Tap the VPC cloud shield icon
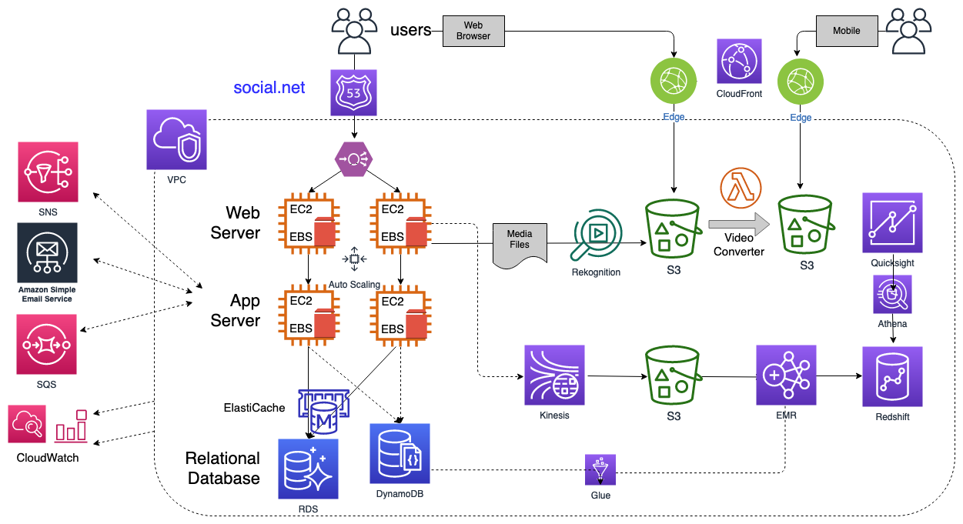click(177, 139)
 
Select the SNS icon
click(48, 172)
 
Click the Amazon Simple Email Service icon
click(48, 253)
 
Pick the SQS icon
click(48, 344)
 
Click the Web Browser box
click(473, 31)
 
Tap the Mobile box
click(846, 31)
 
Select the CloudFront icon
click(739, 62)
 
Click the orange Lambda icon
click(741, 187)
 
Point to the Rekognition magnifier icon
click(595, 239)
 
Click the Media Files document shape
click(520, 244)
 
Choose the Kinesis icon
click(554, 375)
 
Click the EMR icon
click(786, 375)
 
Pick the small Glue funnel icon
click(600, 469)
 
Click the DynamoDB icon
click(400, 453)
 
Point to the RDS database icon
click(307, 469)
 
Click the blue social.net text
click(269, 88)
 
